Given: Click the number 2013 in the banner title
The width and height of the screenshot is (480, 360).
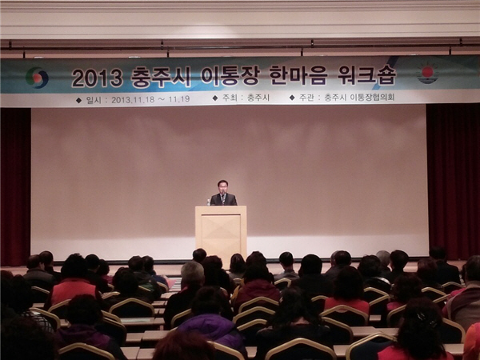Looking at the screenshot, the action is pos(97,78).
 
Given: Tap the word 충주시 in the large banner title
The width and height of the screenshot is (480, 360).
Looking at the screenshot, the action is pos(161,77).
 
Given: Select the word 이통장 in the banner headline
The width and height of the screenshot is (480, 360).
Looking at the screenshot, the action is pos(230,77).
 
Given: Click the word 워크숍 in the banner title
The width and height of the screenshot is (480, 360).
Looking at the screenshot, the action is pos(366,75).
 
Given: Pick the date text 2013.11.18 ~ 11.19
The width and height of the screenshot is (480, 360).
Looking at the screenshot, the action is pos(150,99).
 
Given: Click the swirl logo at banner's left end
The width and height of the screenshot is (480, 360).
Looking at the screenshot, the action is pos(37,78).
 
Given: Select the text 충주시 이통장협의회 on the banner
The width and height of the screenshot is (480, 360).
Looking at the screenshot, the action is pos(359,98).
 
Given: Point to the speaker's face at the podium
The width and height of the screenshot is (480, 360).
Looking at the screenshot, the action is pos(222,186).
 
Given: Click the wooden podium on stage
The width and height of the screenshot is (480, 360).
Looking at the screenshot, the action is pos(221,232).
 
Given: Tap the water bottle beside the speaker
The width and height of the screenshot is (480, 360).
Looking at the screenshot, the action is pos(209,202).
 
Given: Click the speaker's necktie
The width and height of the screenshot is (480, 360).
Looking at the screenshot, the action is pos(223,198).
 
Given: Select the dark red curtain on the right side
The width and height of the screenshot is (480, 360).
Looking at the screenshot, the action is pos(453,182).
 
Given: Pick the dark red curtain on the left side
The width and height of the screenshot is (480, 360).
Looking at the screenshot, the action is pos(15,186).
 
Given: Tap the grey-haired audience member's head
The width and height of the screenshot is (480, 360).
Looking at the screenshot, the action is pos(192,274).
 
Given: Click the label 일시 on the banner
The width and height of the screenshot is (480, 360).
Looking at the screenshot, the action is pos(94,100).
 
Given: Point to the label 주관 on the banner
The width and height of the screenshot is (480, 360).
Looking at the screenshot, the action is pos(306,98).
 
